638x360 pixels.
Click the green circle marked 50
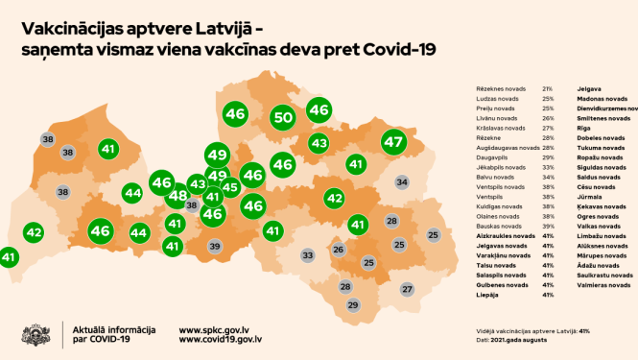[x=282, y=118]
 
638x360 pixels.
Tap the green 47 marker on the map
[x=393, y=142]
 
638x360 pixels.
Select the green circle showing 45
[x=230, y=187]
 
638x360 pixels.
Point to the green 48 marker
[x=177, y=197]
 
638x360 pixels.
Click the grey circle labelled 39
[x=215, y=247]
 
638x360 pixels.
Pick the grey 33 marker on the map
[x=308, y=255]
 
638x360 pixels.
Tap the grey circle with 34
[x=403, y=181]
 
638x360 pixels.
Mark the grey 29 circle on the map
[x=352, y=305]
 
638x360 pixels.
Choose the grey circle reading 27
[x=407, y=289]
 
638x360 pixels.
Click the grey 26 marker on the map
[x=338, y=250]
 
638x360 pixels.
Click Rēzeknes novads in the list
[x=496, y=88]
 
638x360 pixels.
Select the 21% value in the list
[x=548, y=88]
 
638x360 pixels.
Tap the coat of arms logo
[x=37, y=334]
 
